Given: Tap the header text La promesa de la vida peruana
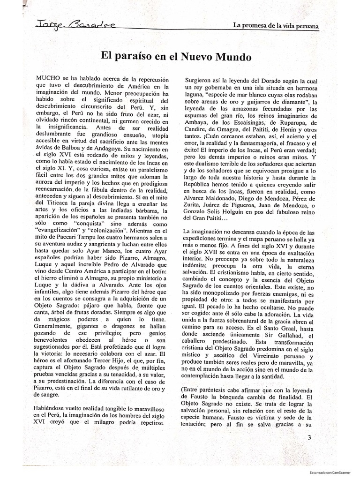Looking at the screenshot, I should pos(276,25).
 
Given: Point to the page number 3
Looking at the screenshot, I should pos(309,438).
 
